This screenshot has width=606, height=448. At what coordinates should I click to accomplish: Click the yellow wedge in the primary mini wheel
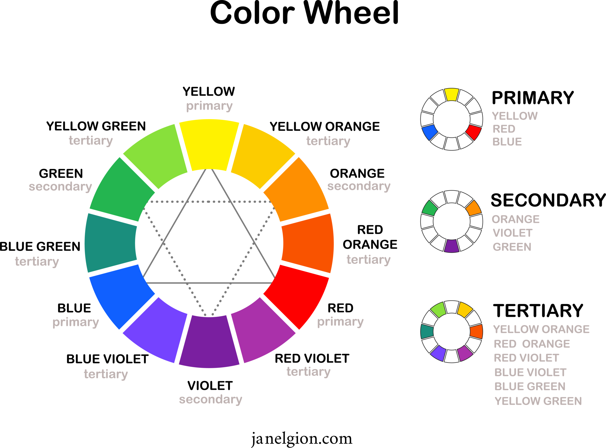coord(452,94)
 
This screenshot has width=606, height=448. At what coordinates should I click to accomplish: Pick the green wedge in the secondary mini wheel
coord(430,208)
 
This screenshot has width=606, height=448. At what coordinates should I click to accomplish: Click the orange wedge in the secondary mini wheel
coord(474,208)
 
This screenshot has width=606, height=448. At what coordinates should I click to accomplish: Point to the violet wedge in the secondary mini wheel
coord(452,246)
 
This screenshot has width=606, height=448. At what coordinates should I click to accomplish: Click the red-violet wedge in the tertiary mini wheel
coord(465,353)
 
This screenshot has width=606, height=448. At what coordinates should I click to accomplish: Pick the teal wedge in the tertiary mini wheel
coord(427,331)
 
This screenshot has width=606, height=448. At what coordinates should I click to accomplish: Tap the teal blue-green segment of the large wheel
coord(111,244)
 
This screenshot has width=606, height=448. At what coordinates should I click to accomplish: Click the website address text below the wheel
coord(301,439)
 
